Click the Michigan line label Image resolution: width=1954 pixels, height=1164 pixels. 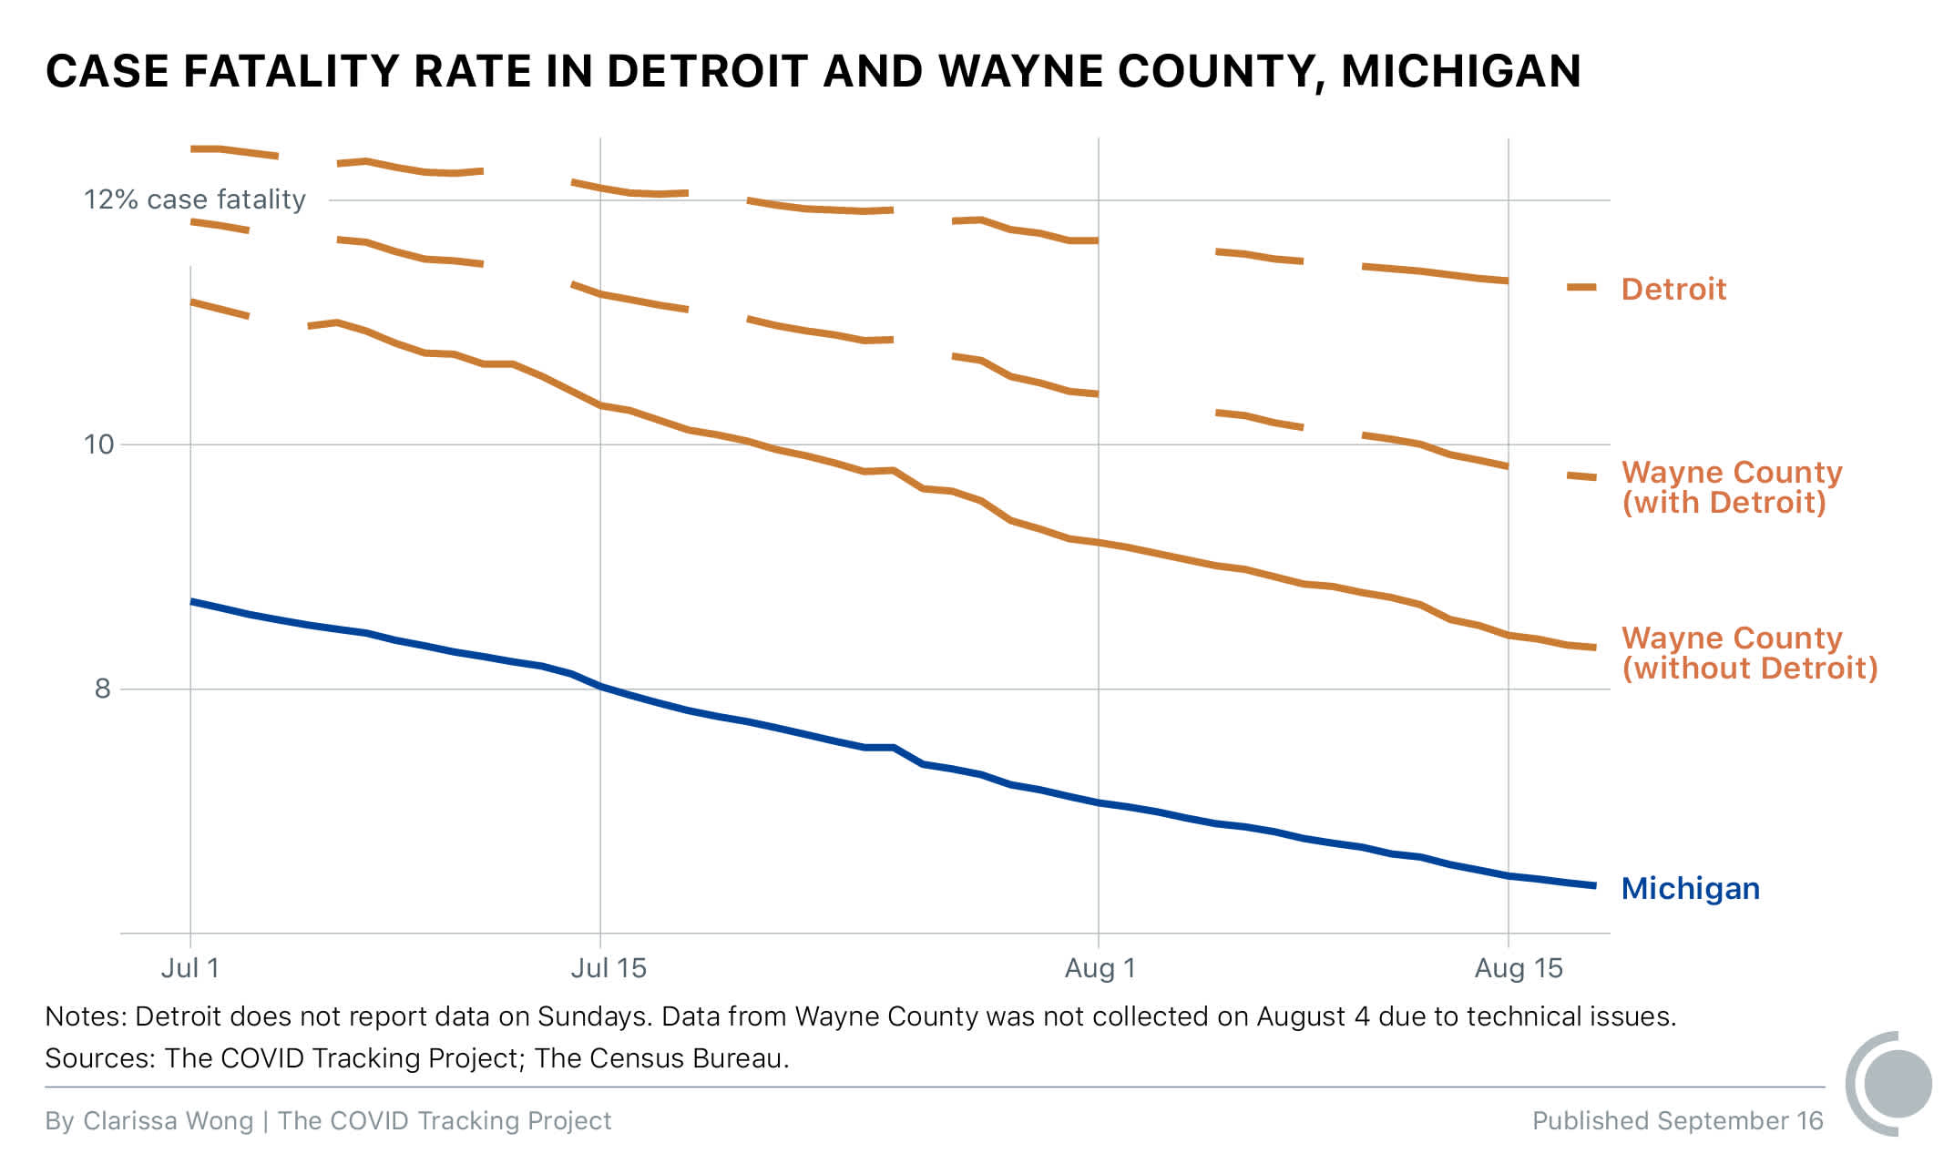tap(1690, 888)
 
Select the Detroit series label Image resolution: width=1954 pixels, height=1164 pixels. tap(1673, 289)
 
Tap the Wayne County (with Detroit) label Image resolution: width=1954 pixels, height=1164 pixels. tap(1731, 487)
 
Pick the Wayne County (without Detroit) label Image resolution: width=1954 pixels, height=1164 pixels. tap(1749, 653)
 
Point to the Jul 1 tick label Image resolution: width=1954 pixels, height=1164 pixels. tap(189, 967)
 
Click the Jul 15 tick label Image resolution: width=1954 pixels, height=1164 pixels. tap(608, 967)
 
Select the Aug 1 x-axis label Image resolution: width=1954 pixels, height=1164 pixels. tap(1100, 967)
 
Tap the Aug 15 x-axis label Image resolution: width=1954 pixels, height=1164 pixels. tap(1518, 967)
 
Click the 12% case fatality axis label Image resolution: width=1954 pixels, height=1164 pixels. tap(195, 199)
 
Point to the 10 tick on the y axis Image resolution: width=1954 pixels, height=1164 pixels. tap(99, 444)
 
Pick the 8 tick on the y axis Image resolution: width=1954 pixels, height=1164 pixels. tap(102, 689)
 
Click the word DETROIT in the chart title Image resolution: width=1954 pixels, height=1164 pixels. tap(707, 71)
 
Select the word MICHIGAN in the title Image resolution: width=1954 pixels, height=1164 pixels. tap(1460, 71)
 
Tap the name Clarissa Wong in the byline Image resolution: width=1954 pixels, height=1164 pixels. tap(168, 1120)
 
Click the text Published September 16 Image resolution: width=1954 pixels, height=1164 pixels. tap(1677, 1120)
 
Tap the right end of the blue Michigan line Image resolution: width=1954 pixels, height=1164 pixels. tap(1592, 885)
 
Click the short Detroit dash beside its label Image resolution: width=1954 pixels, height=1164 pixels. tap(1581, 287)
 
